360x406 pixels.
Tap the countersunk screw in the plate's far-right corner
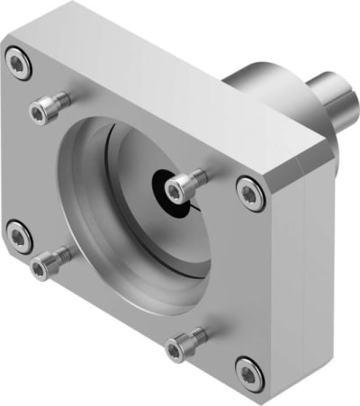tap(249, 192)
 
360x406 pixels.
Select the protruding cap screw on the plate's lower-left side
tap(43, 266)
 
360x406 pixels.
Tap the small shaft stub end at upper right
tap(335, 101)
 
